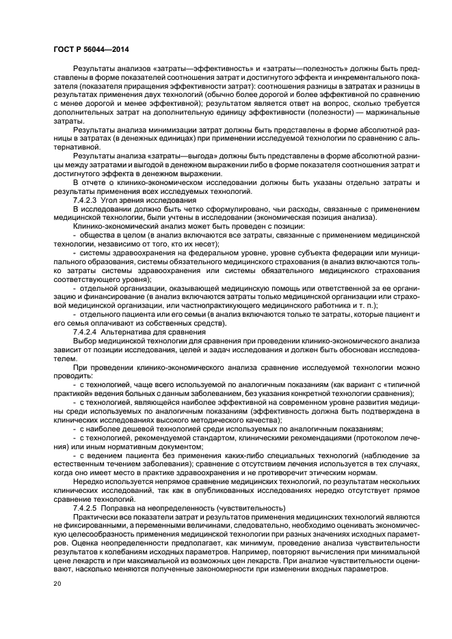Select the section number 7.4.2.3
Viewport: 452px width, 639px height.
[x=87, y=201]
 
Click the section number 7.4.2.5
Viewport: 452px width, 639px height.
[x=87, y=508]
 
